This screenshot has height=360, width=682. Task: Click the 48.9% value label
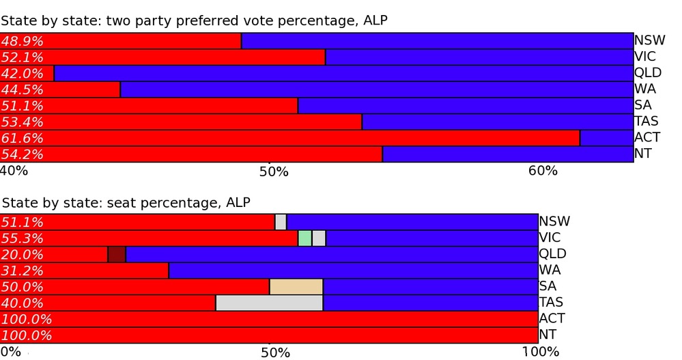[22, 41]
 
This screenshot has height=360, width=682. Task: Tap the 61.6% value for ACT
[22, 139]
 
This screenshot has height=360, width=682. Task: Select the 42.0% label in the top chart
[22, 74]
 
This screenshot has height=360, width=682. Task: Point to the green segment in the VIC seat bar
[304, 238]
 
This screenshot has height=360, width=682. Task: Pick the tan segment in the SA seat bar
[296, 287]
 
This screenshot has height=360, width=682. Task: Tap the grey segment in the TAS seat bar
[269, 303]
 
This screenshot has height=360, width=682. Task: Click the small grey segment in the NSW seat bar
[281, 222]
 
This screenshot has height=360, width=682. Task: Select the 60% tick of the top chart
[543, 170]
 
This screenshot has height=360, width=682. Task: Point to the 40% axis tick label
[14, 170]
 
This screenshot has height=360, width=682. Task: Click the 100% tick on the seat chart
[541, 352]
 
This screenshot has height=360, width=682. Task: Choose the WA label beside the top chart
[643, 89]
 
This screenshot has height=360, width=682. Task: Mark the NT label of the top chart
[642, 154]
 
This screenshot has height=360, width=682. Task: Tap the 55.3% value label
[22, 238]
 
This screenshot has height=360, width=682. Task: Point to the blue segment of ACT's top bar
[606, 138]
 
